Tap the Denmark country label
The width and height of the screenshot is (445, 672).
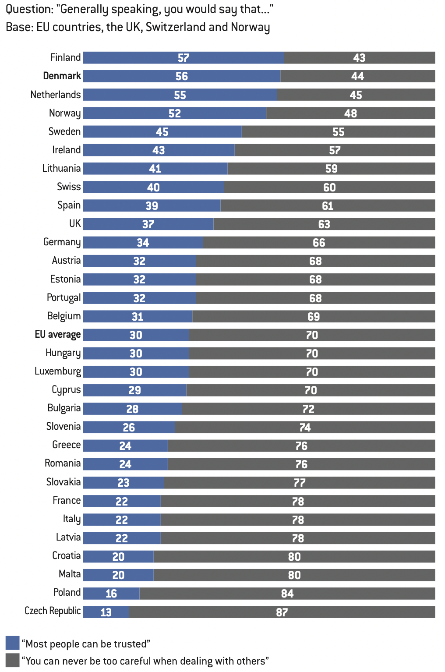click(x=62, y=76)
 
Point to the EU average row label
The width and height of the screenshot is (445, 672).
click(x=57, y=335)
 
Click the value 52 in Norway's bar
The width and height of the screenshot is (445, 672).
click(x=175, y=113)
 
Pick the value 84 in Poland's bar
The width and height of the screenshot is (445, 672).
click(x=287, y=594)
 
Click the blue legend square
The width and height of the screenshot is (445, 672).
click(x=12, y=643)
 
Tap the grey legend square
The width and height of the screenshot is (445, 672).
click(x=12, y=661)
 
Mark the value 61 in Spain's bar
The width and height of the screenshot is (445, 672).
click(x=328, y=206)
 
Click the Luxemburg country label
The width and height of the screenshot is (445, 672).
click(x=57, y=371)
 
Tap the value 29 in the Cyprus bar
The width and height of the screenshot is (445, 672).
click(x=134, y=390)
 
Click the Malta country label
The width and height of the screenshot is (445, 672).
click(x=70, y=574)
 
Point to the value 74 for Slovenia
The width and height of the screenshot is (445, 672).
click(x=305, y=428)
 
